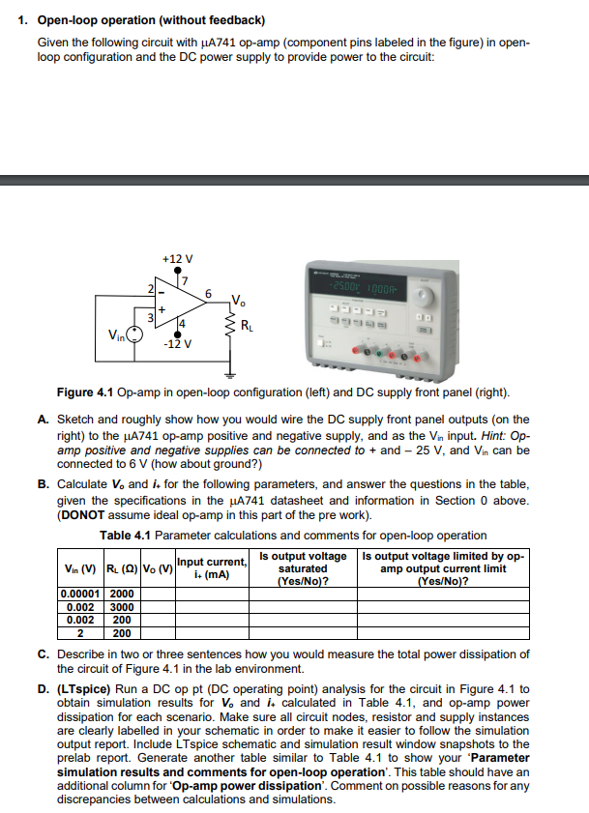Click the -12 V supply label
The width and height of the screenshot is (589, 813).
[177, 344]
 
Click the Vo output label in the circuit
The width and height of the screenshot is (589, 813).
[238, 298]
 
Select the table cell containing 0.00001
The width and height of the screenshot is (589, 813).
[80, 595]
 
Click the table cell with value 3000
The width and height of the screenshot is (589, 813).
[121, 607]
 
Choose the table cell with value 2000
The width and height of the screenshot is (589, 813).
[121, 595]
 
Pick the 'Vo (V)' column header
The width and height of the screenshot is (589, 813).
[156, 568]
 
